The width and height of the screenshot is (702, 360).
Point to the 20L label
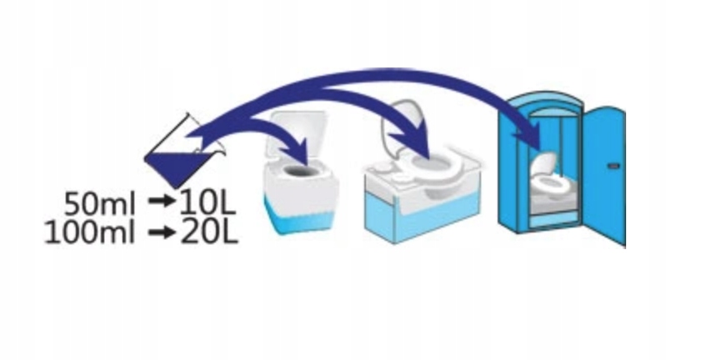click(x=208, y=232)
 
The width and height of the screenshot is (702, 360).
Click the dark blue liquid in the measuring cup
click(x=172, y=167)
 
